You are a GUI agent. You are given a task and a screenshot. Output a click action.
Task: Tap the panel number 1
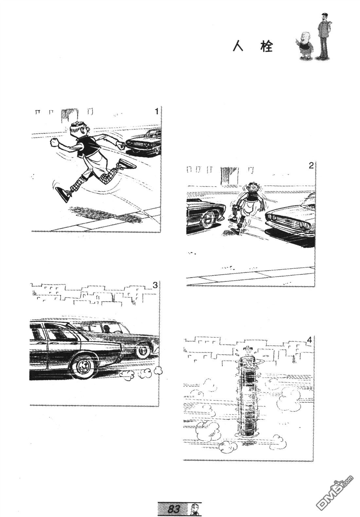pyautogui.click(x=156, y=112)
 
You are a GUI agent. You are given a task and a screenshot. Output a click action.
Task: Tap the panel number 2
pyautogui.click(x=311, y=166)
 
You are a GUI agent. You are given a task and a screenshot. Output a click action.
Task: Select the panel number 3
pyautogui.click(x=155, y=286)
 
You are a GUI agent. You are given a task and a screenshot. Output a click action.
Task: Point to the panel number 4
pyautogui.click(x=310, y=340)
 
